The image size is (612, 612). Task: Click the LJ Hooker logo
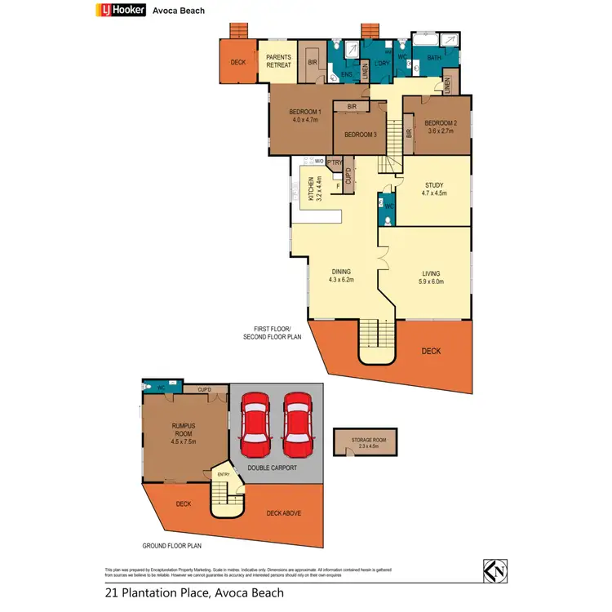[122, 11]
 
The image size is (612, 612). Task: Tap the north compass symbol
[494, 572]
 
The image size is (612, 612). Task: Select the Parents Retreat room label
[279, 61]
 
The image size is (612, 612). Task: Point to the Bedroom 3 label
[360, 135]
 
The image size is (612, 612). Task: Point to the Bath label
[433, 57]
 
